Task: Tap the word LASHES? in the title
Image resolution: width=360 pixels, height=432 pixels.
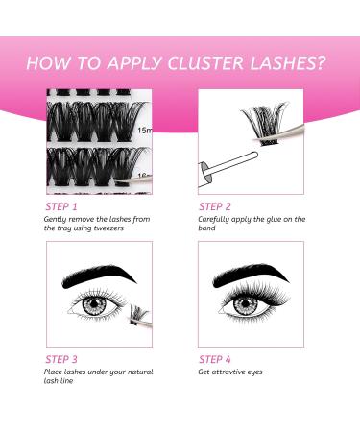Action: tap(289, 63)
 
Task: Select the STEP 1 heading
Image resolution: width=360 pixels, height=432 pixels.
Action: tap(63, 205)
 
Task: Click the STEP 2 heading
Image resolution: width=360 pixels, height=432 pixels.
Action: tap(216, 205)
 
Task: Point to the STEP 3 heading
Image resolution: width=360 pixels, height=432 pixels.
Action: tap(63, 358)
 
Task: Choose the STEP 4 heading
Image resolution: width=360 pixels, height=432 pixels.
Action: tap(216, 358)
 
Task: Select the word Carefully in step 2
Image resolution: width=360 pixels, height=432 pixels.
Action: tap(217, 219)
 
